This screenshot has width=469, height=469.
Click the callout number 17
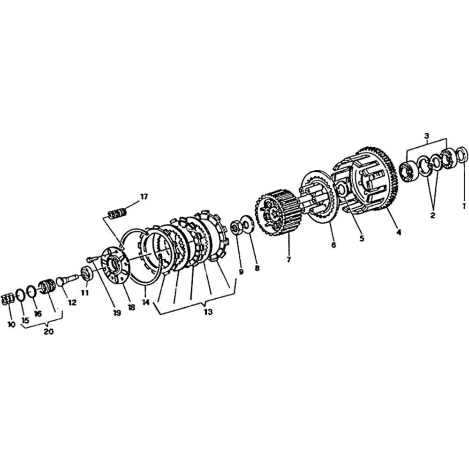pos(144,197)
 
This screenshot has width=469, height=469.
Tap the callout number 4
pos(399,232)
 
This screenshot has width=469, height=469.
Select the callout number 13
pos(208,312)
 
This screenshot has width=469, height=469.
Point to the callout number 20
pos(48,332)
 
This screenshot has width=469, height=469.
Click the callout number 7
pos(288,260)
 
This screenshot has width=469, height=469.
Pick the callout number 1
pos(464,206)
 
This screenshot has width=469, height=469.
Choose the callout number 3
pos(426,136)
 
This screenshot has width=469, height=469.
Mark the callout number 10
pos(11,325)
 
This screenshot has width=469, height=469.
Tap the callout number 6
pos(333,245)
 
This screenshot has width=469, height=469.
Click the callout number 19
pos(117,313)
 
